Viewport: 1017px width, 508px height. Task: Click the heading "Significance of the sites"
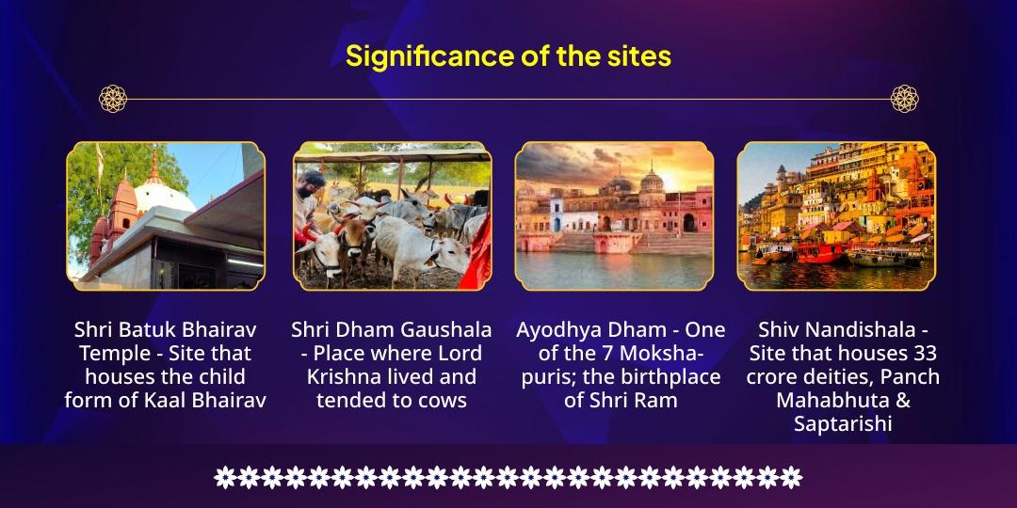508,56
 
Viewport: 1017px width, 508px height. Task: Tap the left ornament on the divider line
113,98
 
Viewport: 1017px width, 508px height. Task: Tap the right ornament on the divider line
904,98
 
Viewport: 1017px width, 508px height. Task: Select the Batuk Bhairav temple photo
166,215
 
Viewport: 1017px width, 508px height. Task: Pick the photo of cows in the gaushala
391,215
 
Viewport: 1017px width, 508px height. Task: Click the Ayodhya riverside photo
614,215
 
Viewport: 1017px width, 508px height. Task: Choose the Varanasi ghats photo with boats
836,215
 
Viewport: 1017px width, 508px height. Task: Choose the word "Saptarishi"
843,423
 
